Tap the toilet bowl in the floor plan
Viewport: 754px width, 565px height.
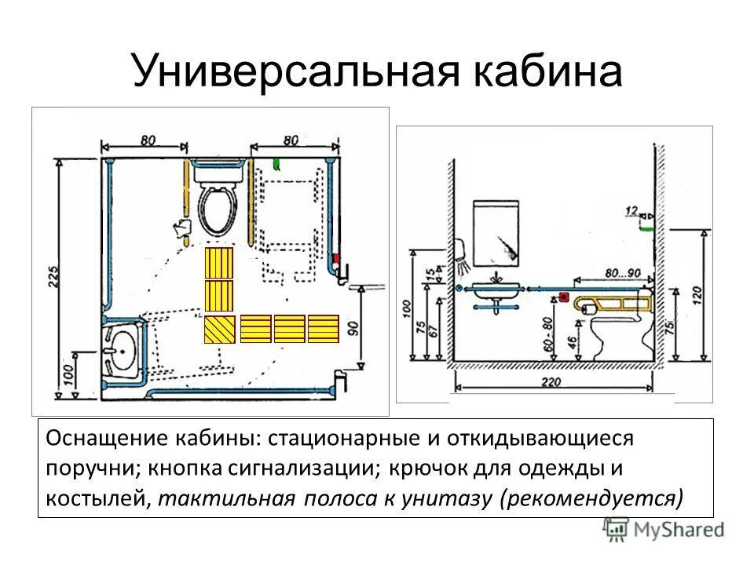click(x=218, y=207)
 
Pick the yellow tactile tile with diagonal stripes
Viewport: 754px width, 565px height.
click(x=219, y=329)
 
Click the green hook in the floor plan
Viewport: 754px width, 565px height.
click(x=276, y=164)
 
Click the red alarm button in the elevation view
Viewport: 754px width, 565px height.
click(x=564, y=297)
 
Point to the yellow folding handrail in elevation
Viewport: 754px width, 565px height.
click(x=613, y=302)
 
